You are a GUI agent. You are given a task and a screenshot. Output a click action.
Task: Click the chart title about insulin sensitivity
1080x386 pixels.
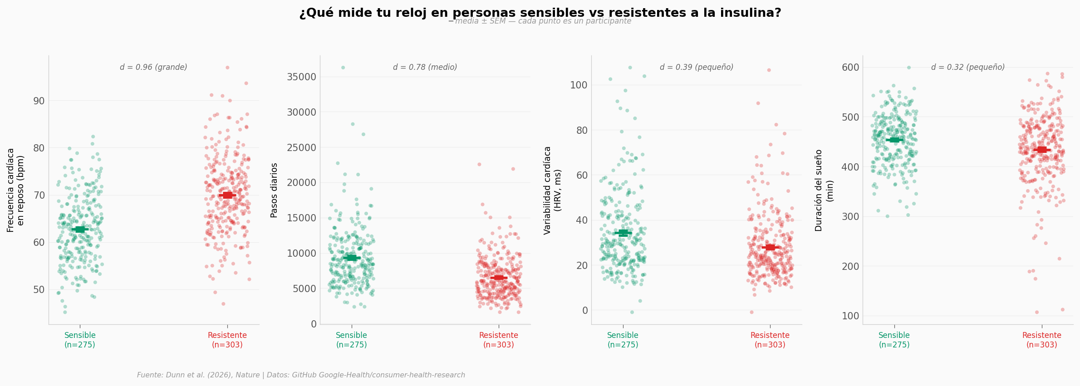tap(540, 13)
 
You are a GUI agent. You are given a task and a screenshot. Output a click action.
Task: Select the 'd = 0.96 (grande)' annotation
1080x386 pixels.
tap(153, 67)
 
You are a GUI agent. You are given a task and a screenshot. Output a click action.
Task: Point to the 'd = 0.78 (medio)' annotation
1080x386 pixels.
tap(425, 67)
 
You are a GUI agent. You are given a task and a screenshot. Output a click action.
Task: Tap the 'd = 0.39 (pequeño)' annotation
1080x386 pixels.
tap(696, 67)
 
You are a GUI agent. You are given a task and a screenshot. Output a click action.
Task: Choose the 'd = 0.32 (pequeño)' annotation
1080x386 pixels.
tap(967, 67)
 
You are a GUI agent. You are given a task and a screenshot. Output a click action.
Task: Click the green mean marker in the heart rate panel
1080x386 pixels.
tap(80, 230)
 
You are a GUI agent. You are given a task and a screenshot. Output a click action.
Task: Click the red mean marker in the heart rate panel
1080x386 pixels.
tap(227, 195)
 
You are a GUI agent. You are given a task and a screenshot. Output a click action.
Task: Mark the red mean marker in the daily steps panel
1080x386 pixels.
tap(499, 278)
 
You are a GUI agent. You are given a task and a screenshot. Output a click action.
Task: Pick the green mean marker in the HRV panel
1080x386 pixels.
tap(623, 233)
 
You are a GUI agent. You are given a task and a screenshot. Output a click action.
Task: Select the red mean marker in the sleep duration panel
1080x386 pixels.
tap(1042, 150)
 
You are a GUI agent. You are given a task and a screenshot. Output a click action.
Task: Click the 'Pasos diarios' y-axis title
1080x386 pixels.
tap(274, 190)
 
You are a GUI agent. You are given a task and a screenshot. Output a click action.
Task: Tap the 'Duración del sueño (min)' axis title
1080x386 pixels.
tap(824, 190)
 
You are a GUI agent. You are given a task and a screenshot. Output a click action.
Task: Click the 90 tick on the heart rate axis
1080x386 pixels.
tap(39, 101)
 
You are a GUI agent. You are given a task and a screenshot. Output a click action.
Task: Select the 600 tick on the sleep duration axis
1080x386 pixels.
tap(850, 68)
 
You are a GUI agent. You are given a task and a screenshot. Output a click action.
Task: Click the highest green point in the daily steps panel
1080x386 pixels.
tap(343, 68)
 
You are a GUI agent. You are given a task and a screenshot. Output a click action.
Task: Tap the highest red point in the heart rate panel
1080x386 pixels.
tap(227, 68)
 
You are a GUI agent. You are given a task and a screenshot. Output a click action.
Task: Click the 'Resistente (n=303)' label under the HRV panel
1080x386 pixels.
tap(770, 340)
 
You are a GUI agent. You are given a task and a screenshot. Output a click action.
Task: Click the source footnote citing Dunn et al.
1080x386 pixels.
tap(301, 375)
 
